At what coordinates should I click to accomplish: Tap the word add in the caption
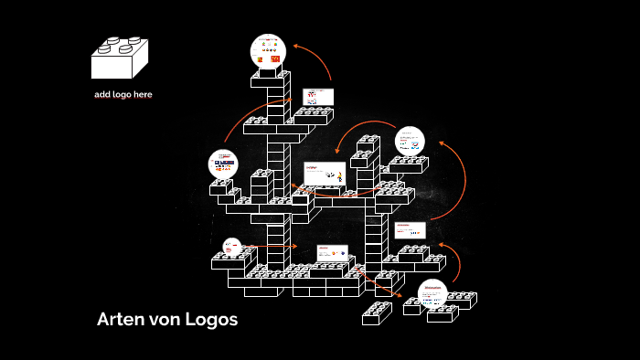103,94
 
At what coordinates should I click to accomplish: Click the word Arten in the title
118,320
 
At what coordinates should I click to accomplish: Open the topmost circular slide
269,52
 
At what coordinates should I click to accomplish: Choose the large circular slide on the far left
223,164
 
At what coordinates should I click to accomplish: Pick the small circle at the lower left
232,246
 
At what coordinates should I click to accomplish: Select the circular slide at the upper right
410,141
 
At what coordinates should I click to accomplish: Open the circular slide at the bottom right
432,293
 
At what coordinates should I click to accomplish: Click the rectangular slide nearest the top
318,97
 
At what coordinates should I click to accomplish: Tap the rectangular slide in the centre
325,174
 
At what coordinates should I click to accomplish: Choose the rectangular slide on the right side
410,229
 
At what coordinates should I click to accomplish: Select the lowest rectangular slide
332,253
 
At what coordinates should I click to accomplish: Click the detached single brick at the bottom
376,314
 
